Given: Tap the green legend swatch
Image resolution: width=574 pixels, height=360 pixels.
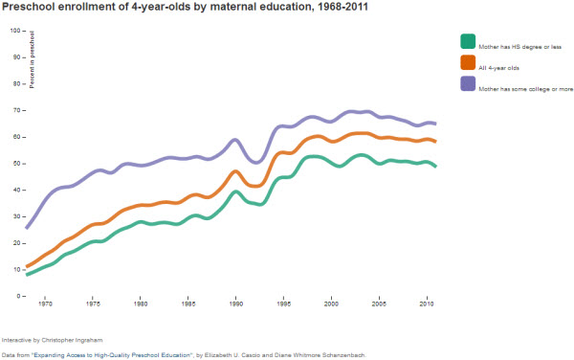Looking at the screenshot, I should pos(468,41).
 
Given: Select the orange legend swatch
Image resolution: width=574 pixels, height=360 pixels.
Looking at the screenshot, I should pos(468,62).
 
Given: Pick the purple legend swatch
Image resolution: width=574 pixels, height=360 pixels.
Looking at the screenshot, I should pos(468,83).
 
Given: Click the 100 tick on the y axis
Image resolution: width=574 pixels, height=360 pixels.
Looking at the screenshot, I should pos(14,30).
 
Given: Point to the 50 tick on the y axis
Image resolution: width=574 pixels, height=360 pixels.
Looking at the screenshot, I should pos(15,163).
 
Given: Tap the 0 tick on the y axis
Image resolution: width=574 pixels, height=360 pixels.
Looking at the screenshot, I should pos(17,296).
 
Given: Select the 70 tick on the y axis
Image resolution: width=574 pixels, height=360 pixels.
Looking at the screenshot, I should pos(15,110).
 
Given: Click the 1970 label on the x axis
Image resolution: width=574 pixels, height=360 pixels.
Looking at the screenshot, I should pos(45,304).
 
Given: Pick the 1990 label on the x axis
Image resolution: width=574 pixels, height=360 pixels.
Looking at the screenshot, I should pos(236,304).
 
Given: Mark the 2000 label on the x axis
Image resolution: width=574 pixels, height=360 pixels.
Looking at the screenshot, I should pos(331,304).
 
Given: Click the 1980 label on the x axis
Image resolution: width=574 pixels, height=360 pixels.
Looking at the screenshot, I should pos(141,304).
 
